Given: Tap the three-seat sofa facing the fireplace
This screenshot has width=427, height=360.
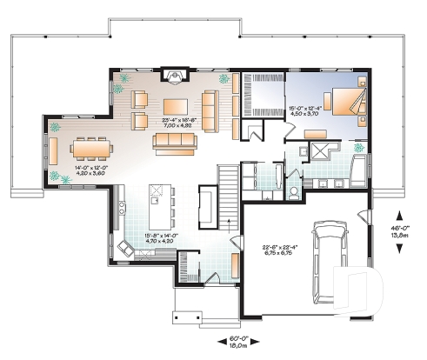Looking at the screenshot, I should coord(177,140).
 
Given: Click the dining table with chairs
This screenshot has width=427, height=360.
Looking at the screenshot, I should coord(91,150).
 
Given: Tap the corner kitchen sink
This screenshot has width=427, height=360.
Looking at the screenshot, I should coord(124,251).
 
